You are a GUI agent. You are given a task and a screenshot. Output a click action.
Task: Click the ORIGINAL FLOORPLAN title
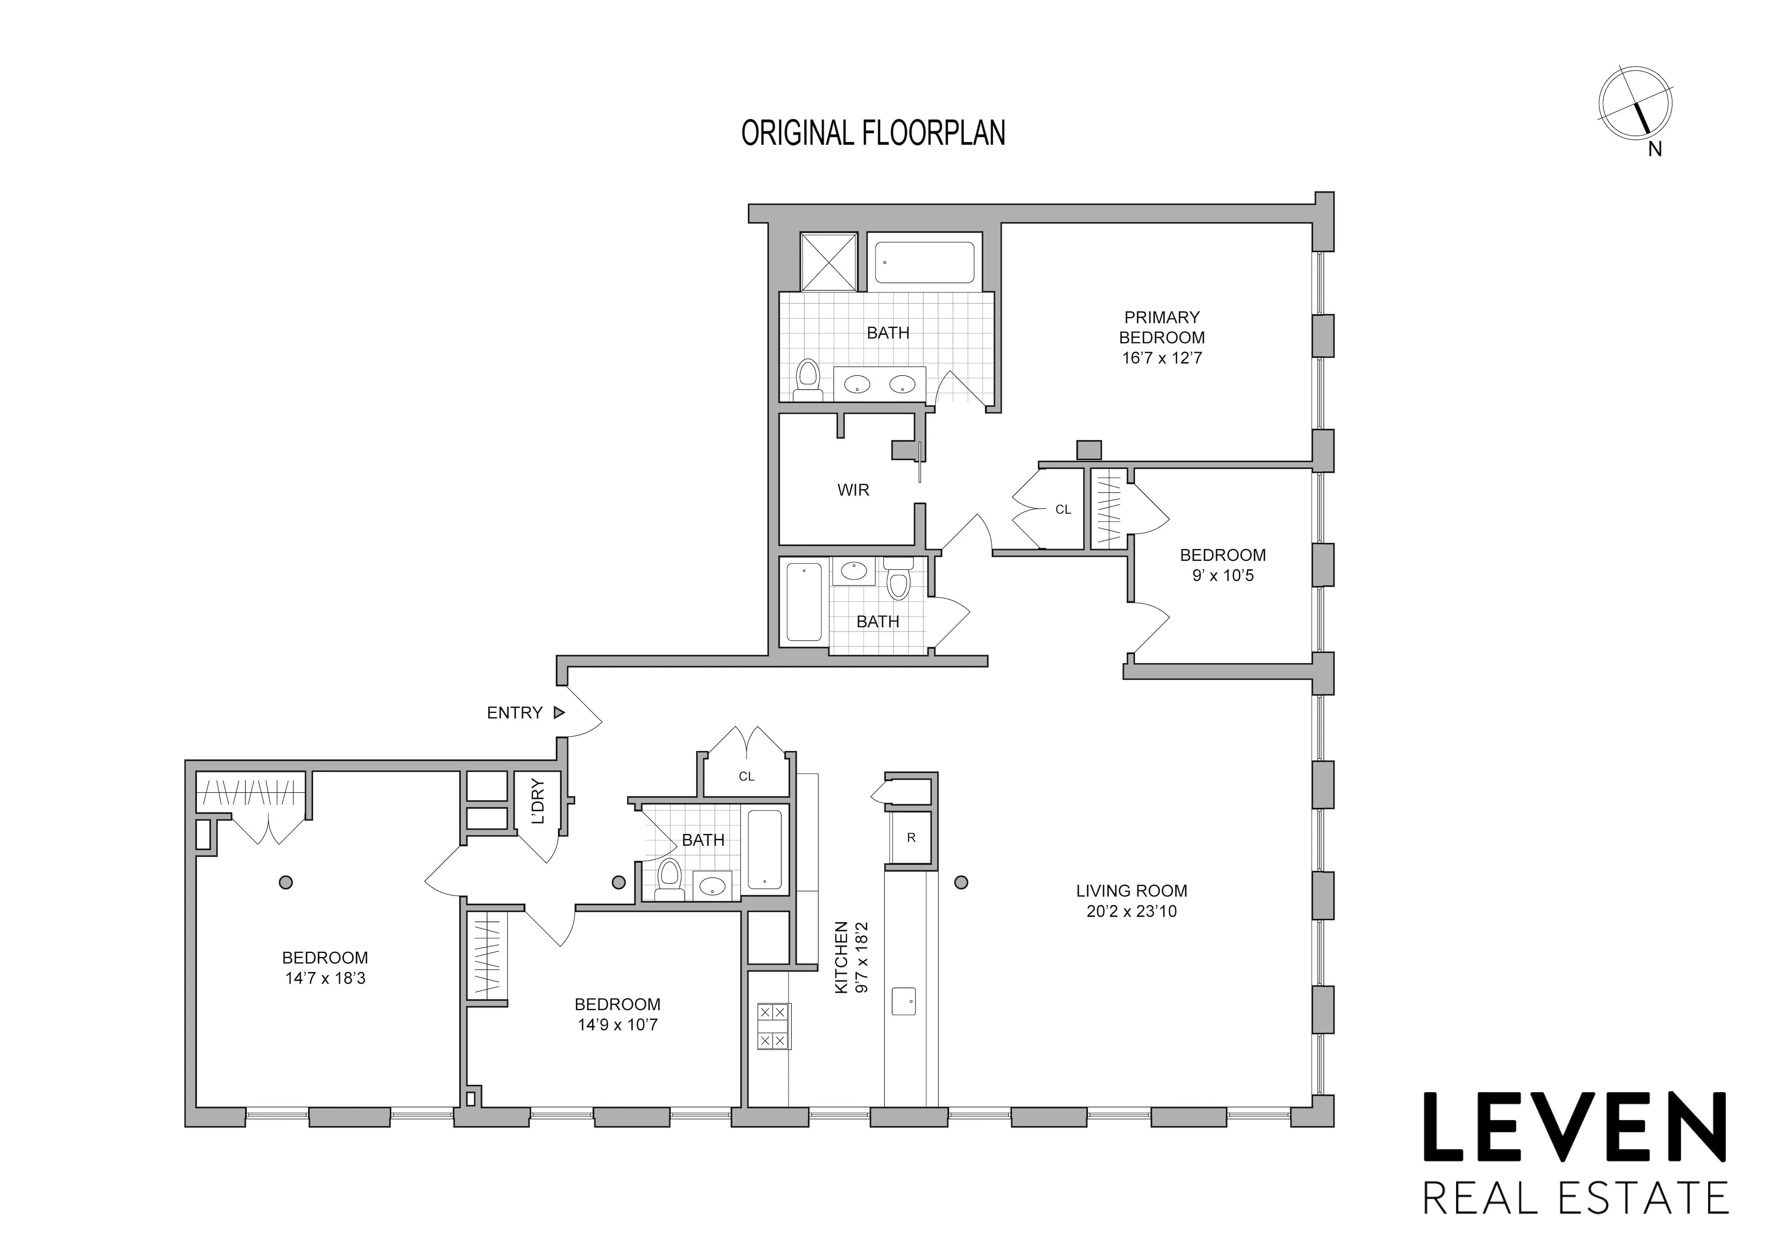(873, 133)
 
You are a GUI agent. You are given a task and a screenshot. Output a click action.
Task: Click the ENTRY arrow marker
(559, 713)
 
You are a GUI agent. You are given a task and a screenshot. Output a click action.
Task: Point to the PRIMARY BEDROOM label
(1162, 327)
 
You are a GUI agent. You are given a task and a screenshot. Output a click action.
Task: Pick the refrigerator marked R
(911, 838)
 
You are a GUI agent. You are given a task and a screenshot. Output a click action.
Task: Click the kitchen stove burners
(773, 1026)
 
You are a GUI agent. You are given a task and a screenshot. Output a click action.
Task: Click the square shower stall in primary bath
(828, 261)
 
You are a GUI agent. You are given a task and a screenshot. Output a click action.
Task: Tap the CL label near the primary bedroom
(1063, 510)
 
